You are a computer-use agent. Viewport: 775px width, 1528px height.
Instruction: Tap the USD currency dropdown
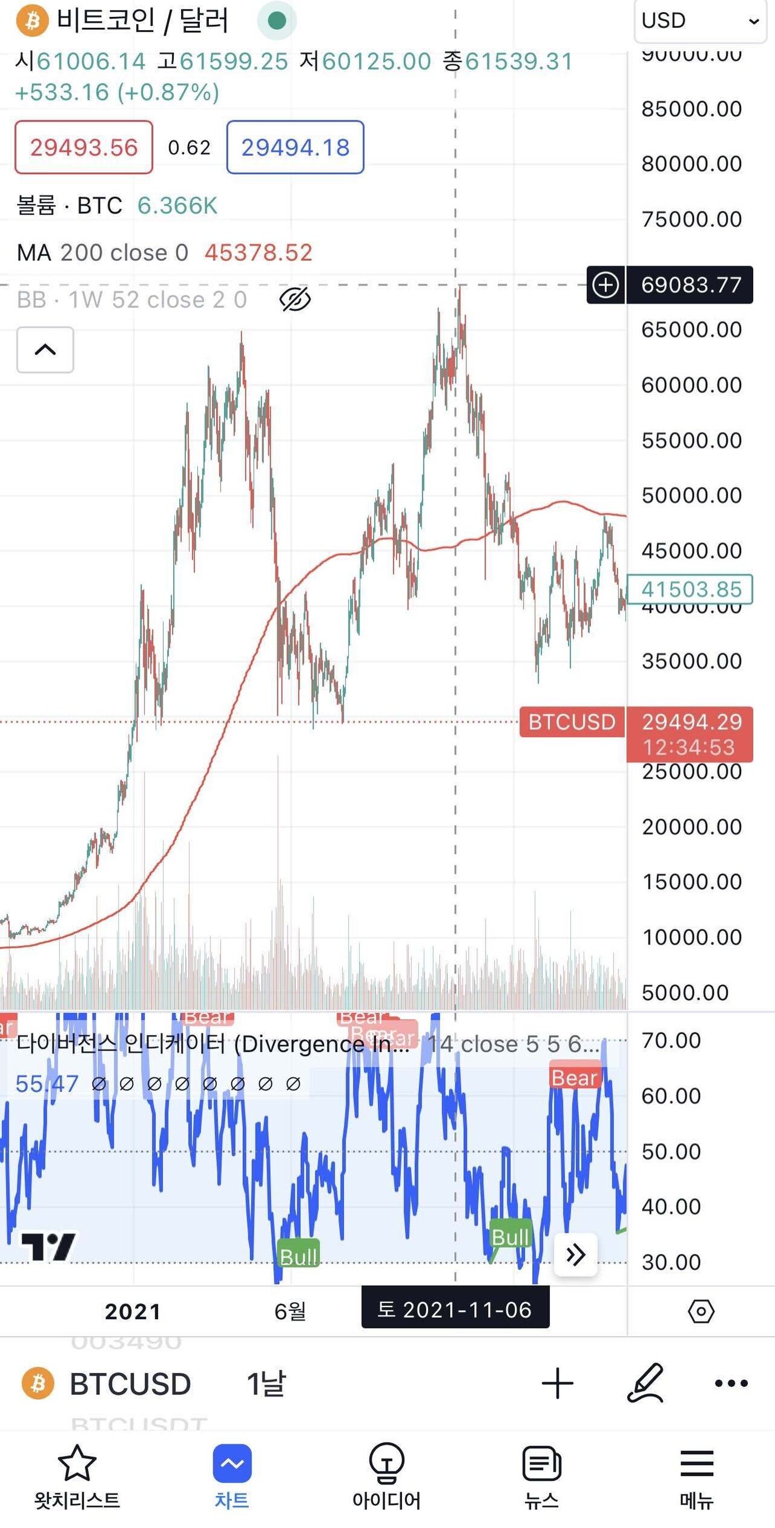point(700,21)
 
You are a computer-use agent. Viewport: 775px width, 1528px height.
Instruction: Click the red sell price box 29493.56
point(84,147)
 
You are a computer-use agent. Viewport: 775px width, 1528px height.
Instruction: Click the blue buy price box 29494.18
point(295,147)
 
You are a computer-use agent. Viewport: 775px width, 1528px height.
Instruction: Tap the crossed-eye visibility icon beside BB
point(295,299)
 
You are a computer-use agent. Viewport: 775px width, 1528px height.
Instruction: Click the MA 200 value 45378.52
point(259,252)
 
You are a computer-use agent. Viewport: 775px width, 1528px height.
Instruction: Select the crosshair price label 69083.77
point(690,284)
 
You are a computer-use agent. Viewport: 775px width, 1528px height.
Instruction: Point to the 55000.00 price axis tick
point(691,441)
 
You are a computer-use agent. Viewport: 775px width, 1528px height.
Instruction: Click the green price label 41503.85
point(690,589)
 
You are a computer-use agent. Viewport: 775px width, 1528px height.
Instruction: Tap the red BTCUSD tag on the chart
point(572,722)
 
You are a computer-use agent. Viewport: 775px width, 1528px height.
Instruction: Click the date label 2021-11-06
point(455,1310)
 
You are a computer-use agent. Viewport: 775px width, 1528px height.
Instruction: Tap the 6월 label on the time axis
point(290,1311)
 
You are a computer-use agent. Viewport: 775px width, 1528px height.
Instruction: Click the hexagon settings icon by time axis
point(701,1311)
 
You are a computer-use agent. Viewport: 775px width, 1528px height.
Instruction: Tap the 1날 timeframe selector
point(266,1383)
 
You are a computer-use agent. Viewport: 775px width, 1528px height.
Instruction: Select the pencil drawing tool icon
point(645,1383)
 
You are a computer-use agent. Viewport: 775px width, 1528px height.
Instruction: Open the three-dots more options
point(731,1383)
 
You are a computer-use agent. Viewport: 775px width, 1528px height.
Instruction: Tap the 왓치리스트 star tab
point(77,1475)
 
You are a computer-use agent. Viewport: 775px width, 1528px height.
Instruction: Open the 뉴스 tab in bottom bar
point(541,1475)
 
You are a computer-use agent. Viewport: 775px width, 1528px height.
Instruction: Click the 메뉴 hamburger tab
point(697,1475)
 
